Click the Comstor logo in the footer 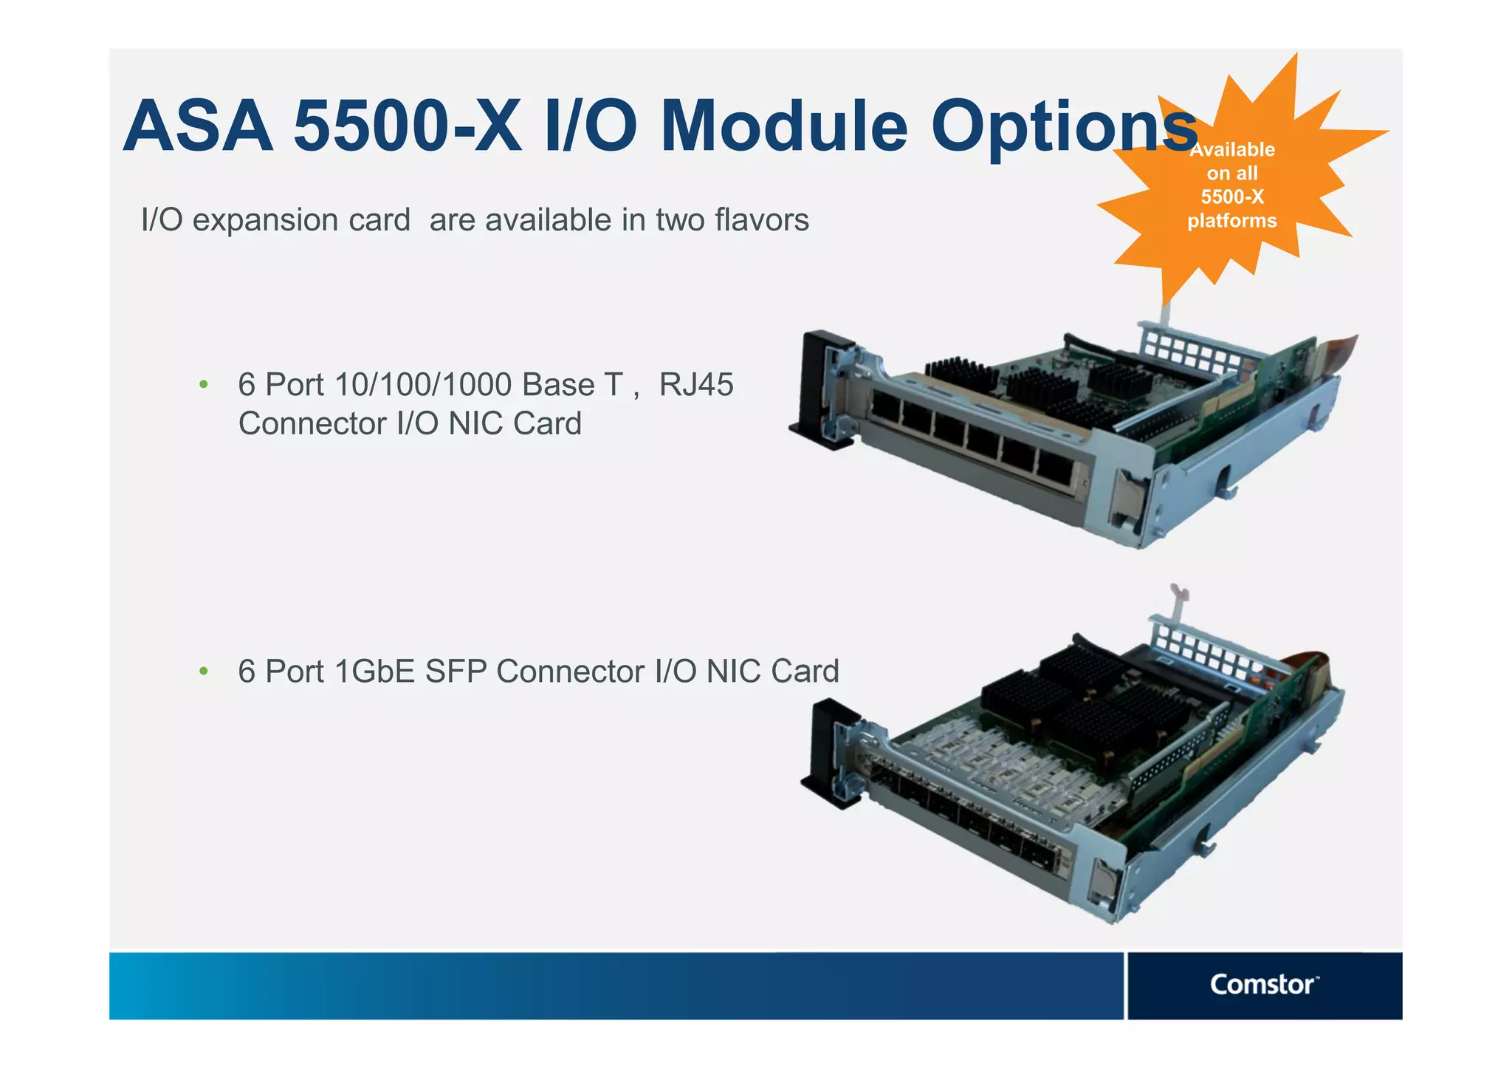[1263, 985]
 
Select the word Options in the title [1063, 126]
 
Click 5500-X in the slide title [407, 126]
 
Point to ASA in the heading [198, 126]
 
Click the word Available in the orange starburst [1232, 149]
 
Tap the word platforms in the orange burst [1231, 220]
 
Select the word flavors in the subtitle [761, 219]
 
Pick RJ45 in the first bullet [696, 384]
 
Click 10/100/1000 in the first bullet [423, 384]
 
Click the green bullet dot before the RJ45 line [204, 384]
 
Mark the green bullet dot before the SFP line [204, 671]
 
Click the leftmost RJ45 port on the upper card [885, 407]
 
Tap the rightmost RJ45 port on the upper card [1056, 465]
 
